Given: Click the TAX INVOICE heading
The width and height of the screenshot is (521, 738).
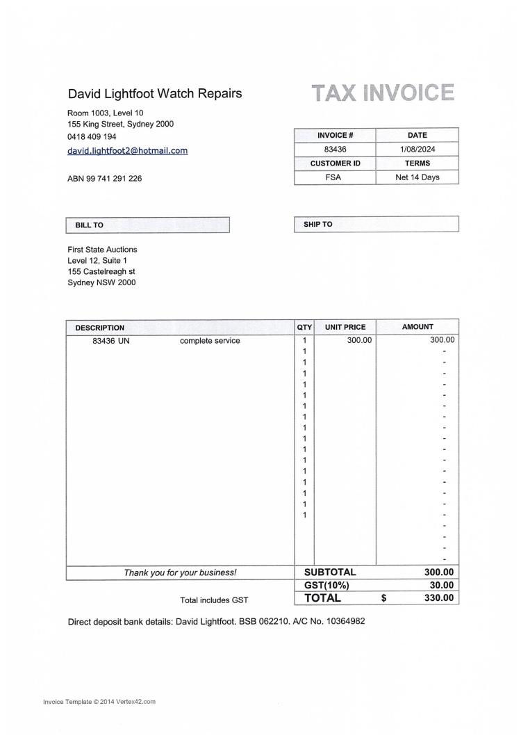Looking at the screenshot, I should pos(383,93).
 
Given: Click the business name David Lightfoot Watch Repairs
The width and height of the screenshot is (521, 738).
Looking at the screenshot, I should pos(155,93).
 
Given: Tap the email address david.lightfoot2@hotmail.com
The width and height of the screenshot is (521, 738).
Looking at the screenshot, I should pos(127,150).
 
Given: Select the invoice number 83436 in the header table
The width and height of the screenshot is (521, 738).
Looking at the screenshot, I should pos(335,149).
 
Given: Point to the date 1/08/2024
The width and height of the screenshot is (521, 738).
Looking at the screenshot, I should pos(417,149).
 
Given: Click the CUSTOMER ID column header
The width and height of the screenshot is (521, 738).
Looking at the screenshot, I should pos(335,163).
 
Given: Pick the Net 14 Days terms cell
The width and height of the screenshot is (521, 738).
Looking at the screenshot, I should pos(417,177).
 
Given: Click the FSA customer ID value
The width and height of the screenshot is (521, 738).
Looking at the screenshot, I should pos(334,177).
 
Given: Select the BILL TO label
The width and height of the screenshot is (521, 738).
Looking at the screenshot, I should pos(89,225).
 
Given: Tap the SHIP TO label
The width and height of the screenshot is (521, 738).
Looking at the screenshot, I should pos(317,225).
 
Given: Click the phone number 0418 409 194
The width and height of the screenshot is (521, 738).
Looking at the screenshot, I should pos(92,137).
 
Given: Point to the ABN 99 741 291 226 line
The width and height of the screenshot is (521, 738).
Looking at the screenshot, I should pos(104,179).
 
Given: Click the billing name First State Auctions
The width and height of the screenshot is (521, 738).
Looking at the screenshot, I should pos(102,249).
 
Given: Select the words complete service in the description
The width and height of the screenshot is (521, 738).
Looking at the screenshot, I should pos(210,341).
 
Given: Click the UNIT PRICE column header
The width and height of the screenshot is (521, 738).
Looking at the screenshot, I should pos(345,327).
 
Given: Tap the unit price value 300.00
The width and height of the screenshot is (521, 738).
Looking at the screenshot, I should pos(359,340).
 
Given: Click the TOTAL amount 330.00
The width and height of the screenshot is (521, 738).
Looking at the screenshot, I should pos(438,598).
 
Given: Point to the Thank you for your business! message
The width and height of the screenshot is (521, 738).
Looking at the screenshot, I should pos(180,573).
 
